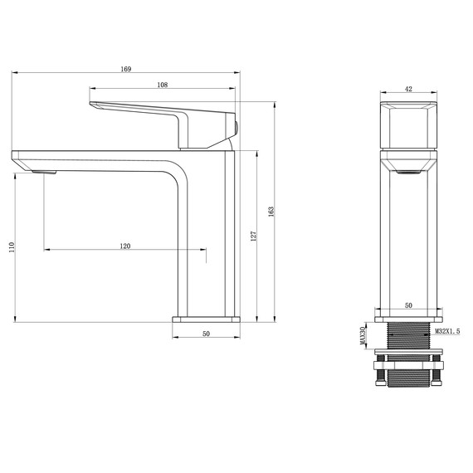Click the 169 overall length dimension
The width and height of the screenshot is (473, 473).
125,69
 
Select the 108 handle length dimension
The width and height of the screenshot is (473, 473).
162,85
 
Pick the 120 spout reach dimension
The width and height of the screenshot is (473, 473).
125,246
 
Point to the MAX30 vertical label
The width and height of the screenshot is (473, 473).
363,335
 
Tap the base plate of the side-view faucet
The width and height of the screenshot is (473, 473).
206,318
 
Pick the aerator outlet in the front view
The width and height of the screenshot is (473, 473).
408,172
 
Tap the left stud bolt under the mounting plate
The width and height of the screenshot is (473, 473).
380,378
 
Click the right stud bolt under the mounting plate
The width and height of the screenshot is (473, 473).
436,378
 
